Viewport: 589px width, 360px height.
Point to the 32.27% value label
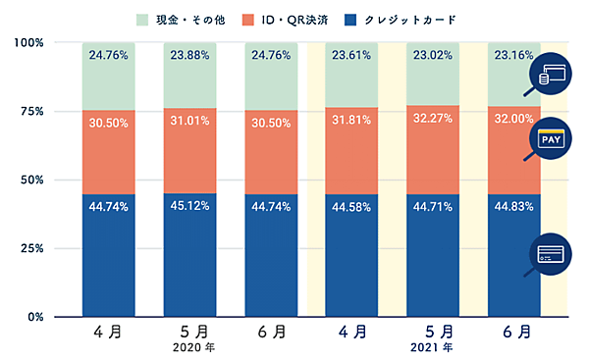pos(432,127)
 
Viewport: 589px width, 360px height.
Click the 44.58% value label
pos(351,207)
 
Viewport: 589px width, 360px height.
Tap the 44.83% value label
pos(513,207)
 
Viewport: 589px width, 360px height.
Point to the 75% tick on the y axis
pos(30,112)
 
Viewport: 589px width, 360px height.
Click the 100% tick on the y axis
pos(28,43)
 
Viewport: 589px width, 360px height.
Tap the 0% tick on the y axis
pos(33,317)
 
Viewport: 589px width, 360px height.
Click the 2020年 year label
pos(189,347)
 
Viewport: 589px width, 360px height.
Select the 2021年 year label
pos(432,347)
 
